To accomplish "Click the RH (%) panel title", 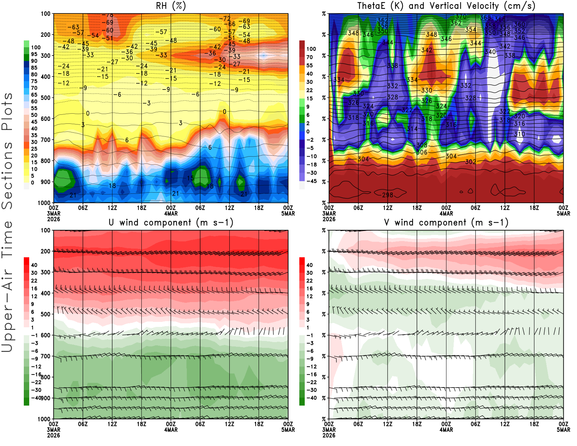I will coord(171,6).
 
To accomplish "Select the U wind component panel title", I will coord(171,223).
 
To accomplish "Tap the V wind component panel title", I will coord(446,223).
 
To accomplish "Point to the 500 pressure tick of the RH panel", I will coord(46,98).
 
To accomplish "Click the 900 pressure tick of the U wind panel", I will coord(46,398).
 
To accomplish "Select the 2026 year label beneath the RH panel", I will coord(53,219).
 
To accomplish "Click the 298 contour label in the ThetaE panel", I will coord(388,195).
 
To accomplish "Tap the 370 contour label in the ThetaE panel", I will coord(461,17).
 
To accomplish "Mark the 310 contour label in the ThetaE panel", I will coord(519,134).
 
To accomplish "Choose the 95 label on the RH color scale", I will coord(34,54).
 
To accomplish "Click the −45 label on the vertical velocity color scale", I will coord(311,181).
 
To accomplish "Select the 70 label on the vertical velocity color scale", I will coord(309,57).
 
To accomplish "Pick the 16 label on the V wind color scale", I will coord(309,289).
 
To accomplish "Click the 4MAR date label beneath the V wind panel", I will coord(446,430).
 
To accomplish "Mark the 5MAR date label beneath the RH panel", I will coord(288,214).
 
